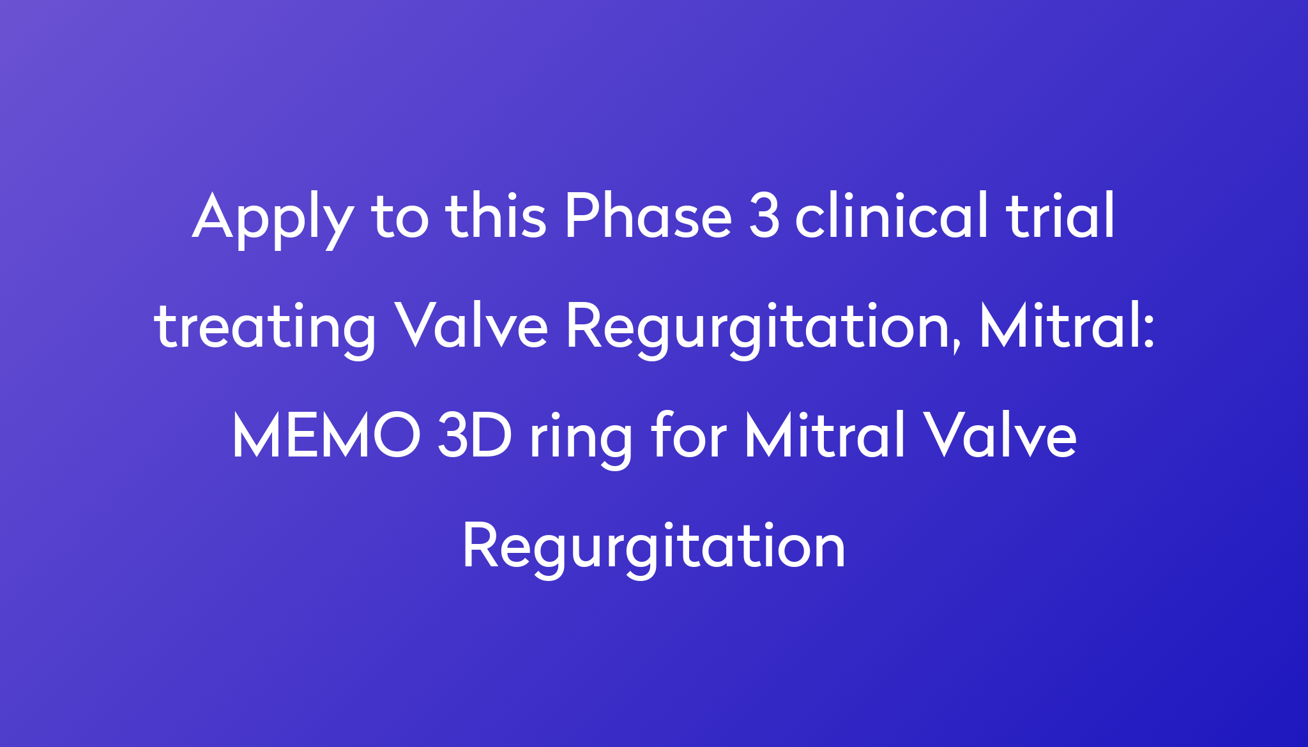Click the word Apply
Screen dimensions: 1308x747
(x=273, y=220)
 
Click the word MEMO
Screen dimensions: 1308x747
(x=326, y=435)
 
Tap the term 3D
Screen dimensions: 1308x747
(x=475, y=435)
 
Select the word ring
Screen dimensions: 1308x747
(x=581, y=440)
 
